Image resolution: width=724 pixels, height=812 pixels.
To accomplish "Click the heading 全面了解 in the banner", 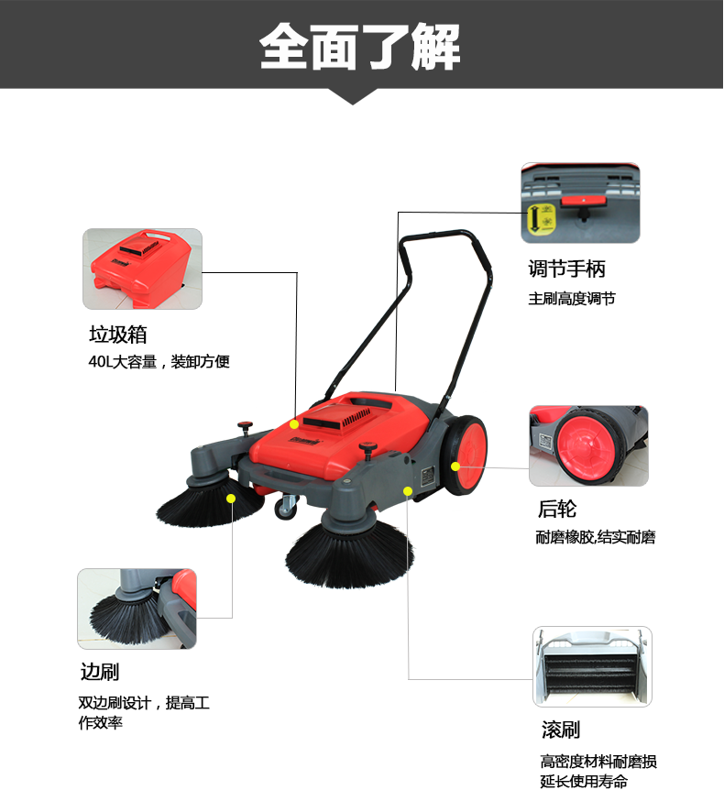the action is (359, 47).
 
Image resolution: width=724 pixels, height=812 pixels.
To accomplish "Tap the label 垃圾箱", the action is (118, 335).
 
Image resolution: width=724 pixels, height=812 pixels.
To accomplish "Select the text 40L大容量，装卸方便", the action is (159, 361).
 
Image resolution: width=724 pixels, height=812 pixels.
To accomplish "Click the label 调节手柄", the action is (566, 269).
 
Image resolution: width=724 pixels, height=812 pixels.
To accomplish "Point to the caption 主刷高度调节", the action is (572, 298).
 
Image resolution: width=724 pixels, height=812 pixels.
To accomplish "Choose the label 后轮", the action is (557, 509).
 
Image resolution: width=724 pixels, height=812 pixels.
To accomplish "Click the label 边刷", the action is (99, 672).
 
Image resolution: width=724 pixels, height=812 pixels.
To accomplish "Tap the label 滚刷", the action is (561, 730).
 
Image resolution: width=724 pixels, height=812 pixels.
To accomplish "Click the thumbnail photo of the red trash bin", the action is (142, 269).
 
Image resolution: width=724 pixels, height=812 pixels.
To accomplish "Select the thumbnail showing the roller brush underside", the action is (592, 666).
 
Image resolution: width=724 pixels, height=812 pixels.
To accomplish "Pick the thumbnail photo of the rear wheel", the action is (589, 446).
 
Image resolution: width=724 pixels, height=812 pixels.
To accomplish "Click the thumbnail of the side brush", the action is (137, 609).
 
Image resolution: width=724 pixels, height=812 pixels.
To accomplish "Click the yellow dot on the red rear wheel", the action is (455, 466).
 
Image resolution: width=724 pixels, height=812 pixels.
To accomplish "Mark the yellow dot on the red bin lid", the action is (294, 424).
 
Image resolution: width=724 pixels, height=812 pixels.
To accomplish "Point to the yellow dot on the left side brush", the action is (231, 499).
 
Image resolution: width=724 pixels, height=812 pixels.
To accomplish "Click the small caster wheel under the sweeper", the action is (285, 508).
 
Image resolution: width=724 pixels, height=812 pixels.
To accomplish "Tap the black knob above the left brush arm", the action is (245, 427).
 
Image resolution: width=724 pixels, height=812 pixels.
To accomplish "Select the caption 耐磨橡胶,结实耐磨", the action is (596, 538).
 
